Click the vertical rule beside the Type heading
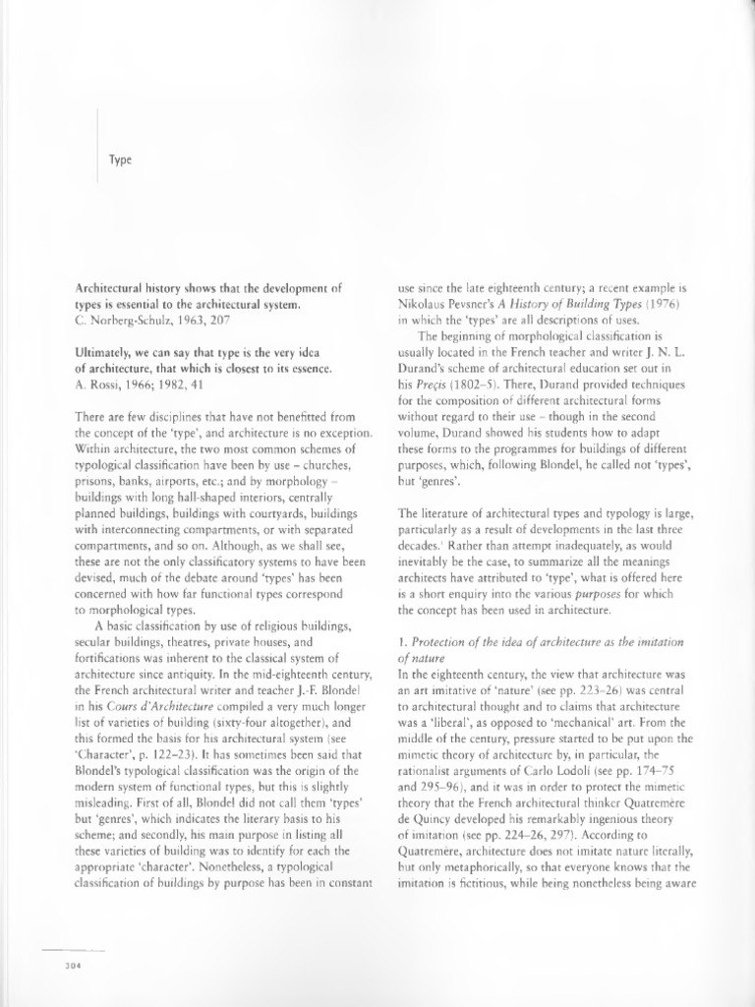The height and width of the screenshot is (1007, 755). click(x=97, y=145)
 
